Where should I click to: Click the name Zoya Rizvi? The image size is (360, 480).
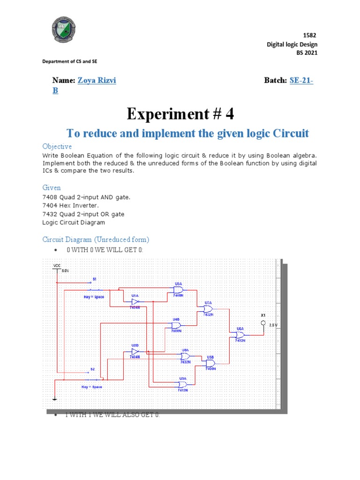tap(100, 81)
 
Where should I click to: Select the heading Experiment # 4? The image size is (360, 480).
tap(180, 113)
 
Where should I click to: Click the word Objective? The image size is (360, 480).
tap(57, 146)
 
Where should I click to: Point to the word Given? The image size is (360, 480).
tap(52, 187)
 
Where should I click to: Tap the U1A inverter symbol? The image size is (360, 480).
tap(135, 302)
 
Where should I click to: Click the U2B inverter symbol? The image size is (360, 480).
tap(135, 351)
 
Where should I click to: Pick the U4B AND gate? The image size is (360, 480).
tap(176, 325)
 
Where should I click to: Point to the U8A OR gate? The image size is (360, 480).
tap(186, 356)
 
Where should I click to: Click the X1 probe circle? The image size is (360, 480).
tap(263, 323)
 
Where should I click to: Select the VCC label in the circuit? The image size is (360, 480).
tap(57, 265)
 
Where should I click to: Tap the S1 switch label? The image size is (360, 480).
tap(94, 279)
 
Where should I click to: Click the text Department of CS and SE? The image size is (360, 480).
tap(70, 61)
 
